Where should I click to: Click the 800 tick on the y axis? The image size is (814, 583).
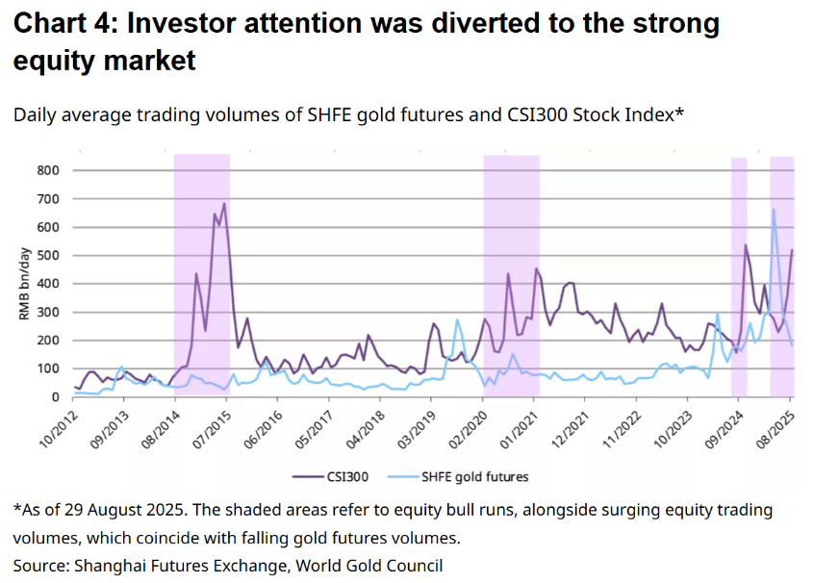pyautogui.click(x=48, y=171)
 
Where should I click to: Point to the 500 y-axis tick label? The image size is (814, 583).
pyautogui.click(x=48, y=256)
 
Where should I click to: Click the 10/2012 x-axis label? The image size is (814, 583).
pyautogui.click(x=55, y=427)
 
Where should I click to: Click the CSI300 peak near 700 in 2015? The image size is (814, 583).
pyautogui.click(x=224, y=203)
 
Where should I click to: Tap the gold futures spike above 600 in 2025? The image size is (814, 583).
pyautogui.click(x=774, y=210)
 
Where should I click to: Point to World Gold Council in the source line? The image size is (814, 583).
pyautogui.click(x=383, y=565)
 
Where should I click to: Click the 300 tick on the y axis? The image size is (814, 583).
pyautogui.click(x=48, y=313)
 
